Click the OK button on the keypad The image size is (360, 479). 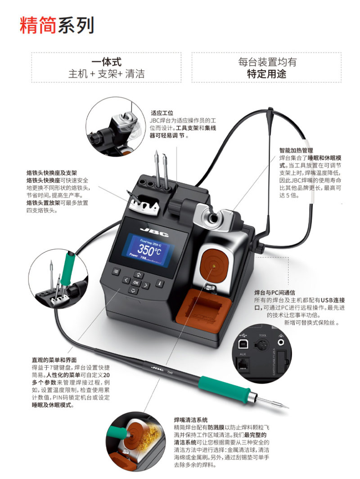(136, 282)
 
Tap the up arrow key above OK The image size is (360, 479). (139, 275)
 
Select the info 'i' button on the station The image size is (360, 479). (159, 283)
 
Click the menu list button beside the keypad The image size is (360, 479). (116, 271)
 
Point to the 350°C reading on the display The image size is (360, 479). (149, 250)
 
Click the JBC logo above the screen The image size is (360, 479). (154, 232)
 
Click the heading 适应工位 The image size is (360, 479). (162, 113)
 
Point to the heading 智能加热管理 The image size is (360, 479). (296, 150)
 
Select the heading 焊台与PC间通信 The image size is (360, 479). (275, 293)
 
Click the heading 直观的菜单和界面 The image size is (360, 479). (54, 360)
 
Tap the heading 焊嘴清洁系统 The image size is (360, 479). (191, 420)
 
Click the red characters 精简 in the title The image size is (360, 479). (38, 25)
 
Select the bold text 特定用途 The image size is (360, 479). (266, 74)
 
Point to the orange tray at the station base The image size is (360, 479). (203, 311)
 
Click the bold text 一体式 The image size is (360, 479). (106, 62)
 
